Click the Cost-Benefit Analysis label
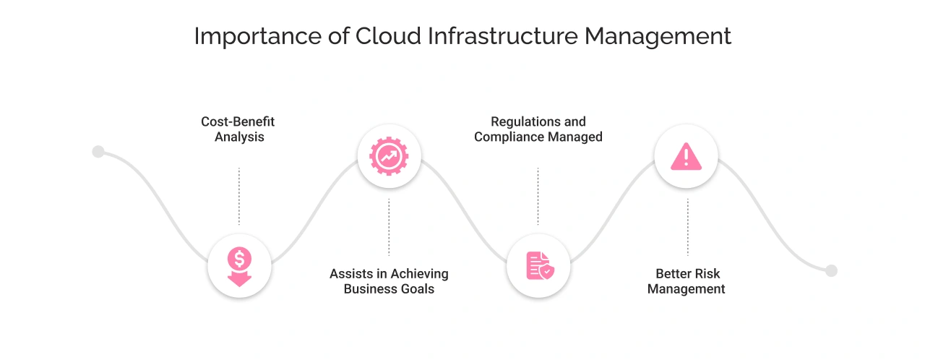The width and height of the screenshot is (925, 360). [238, 129]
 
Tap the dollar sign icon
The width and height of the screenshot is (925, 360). [239, 266]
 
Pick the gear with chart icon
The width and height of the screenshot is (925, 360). [389, 155]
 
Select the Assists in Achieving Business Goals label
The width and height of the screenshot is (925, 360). [389, 281]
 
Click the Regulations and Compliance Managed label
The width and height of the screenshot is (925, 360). [538, 129]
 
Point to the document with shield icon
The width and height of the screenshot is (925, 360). [539, 266]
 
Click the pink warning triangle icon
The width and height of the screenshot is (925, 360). [686, 156]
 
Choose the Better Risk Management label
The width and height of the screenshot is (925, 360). [687, 281]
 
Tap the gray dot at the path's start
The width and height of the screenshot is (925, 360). [98, 152]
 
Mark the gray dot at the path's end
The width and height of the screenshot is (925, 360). [831, 270]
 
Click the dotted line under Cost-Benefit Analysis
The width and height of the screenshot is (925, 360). [239, 196]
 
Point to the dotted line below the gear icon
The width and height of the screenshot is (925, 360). [389, 227]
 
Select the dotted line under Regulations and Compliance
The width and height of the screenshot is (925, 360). [538, 196]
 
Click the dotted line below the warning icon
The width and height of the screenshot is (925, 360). [687, 227]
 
